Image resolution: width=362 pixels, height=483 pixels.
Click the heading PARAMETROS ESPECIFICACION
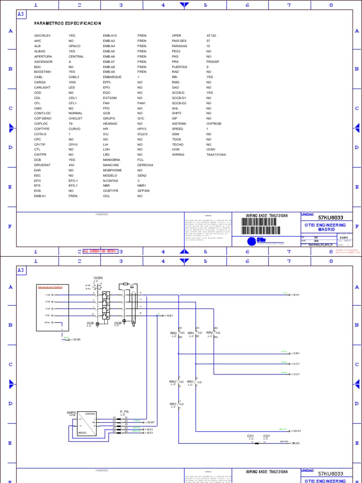point(68,23)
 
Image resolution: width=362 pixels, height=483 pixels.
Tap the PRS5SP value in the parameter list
point(213,62)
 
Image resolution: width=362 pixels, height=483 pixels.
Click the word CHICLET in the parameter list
point(75,118)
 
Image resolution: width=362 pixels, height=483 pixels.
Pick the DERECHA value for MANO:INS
point(145,165)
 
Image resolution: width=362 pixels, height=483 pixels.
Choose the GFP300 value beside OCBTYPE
point(143,191)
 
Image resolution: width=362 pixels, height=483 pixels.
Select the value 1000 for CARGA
point(73,82)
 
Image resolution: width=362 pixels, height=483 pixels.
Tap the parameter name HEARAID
point(110,124)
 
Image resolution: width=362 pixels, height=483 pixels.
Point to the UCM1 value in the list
point(211,149)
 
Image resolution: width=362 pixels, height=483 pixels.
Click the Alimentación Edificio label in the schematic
point(50,286)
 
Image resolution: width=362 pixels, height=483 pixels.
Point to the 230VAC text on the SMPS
point(90,413)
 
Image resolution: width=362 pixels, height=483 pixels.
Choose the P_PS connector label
point(124,411)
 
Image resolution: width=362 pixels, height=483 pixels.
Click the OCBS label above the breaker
point(98,277)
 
